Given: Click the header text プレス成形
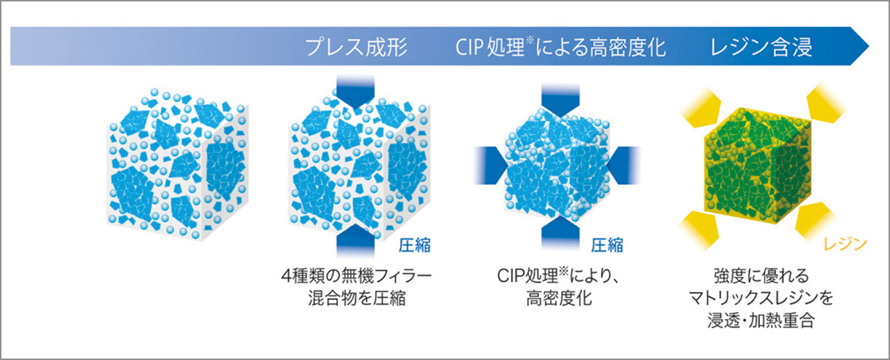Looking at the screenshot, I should (356, 47).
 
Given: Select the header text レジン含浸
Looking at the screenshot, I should (761, 47).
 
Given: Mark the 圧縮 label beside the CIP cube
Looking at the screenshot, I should (607, 245).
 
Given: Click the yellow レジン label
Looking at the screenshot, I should (845, 245).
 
